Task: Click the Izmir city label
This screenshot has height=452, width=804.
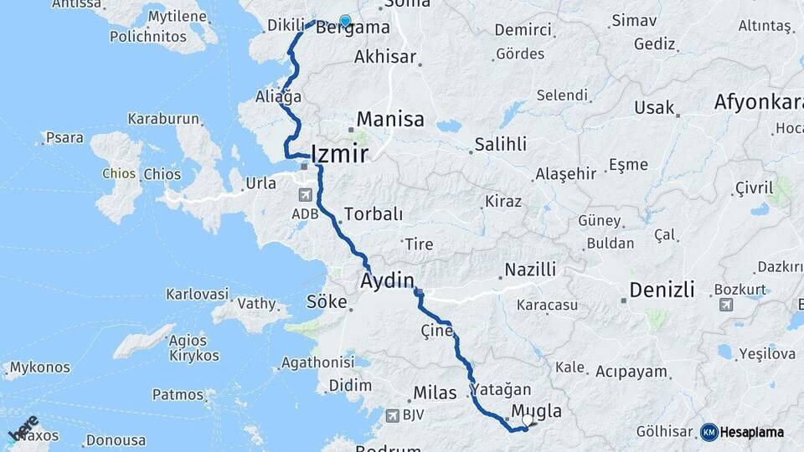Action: pos(339,154)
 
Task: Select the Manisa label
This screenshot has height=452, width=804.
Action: pos(390,119)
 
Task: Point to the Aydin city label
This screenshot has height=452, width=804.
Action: pos(388,280)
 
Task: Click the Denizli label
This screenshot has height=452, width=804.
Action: pos(662,290)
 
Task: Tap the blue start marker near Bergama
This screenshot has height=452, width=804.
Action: pos(344,21)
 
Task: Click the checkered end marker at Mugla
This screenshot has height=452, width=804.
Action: pos(528,421)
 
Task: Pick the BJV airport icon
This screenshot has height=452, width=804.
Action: pos(392,415)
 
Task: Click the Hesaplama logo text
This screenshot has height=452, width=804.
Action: pos(752,432)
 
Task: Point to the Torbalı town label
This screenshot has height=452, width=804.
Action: pos(373,214)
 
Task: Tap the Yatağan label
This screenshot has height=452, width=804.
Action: pos(501,390)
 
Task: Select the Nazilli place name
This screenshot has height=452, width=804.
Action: pos(529,270)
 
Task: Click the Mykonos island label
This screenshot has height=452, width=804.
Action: pos(40,367)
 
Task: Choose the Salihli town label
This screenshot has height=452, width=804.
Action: pos(500,144)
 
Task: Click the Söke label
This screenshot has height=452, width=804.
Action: pos(327,301)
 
